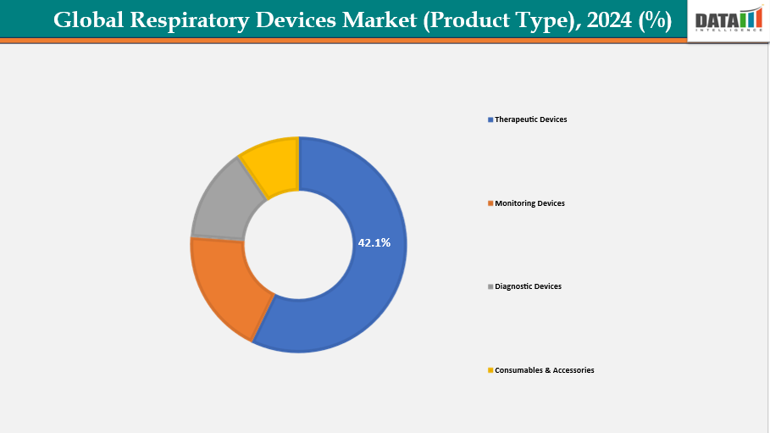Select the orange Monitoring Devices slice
[222, 284]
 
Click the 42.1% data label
[374, 243]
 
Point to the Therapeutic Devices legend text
[531, 119]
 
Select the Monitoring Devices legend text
[529, 203]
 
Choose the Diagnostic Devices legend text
[528, 286]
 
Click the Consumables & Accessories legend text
[544, 370]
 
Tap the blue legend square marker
[490, 120]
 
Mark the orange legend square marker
[490, 204]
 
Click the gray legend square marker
[490, 287]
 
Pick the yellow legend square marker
[490, 371]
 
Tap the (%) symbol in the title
[656, 20]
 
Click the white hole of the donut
[298, 246]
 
